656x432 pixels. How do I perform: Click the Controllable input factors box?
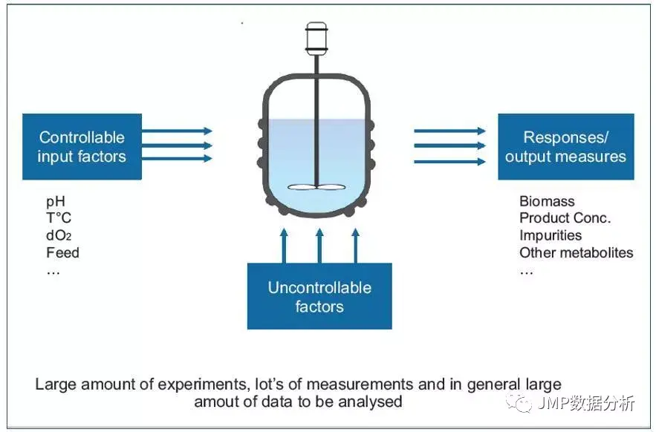[x=82, y=146]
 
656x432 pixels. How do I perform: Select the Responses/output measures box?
[x=565, y=146]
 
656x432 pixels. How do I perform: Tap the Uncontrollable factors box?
[x=319, y=297]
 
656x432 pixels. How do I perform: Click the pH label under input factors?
[x=56, y=202]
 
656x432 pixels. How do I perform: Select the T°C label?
[x=59, y=219]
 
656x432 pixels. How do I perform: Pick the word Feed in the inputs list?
[x=62, y=253]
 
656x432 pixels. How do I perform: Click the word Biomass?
[x=547, y=201]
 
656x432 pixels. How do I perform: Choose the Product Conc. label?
[x=565, y=218]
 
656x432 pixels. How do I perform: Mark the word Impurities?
[x=551, y=235]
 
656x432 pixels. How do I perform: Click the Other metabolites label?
[x=576, y=253]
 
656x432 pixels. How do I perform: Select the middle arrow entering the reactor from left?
[x=177, y=145]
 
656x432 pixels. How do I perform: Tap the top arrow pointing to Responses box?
[x=449, y=131]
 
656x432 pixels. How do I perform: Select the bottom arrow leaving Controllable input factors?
[x=177, y=159]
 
